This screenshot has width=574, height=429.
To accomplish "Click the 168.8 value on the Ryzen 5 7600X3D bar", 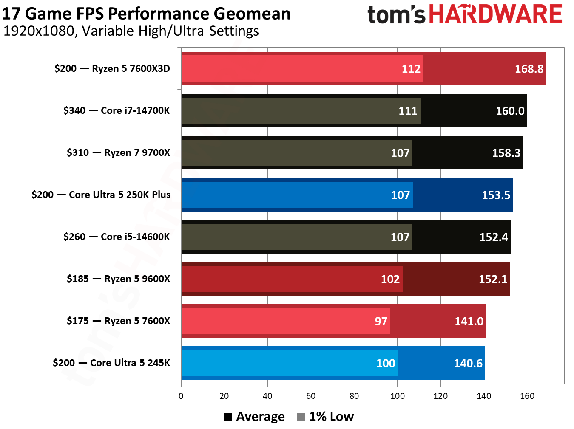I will [x=529, y=69].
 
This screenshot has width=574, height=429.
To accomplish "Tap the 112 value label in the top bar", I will [x=411, y=69].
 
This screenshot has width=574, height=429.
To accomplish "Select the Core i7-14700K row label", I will [x=117, y=110].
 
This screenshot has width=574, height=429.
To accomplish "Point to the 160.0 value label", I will [x=510, y=111].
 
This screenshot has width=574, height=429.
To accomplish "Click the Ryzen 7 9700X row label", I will [x=118, y=152].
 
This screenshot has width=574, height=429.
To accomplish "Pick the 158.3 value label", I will [x=506, y=153].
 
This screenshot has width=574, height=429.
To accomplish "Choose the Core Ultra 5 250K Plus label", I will [x=101, y=195].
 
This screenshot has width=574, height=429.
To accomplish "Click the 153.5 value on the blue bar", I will [x=496, y=195].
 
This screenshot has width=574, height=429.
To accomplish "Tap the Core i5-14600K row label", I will [x=117, y=237].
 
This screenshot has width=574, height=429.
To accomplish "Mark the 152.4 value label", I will [x=493, y=237].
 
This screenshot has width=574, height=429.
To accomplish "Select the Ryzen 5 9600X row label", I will [x=118, y=279].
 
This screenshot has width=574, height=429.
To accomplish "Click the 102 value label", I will [x=390, y=279].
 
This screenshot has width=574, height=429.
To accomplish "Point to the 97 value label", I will [x=381, y=321].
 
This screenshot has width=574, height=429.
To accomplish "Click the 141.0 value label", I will [x=469, y=321].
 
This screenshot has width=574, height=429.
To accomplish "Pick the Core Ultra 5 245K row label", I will [x=111, y=363].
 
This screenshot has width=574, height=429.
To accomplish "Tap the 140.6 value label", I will [x=468, y=363].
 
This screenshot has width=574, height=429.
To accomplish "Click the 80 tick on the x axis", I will [x=354, y=396].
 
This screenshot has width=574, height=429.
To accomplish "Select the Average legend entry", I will [x=255, y=417].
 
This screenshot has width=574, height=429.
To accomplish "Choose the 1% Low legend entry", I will [x=326, y=417].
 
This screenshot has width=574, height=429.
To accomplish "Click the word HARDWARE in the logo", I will [x=495, y=14].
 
